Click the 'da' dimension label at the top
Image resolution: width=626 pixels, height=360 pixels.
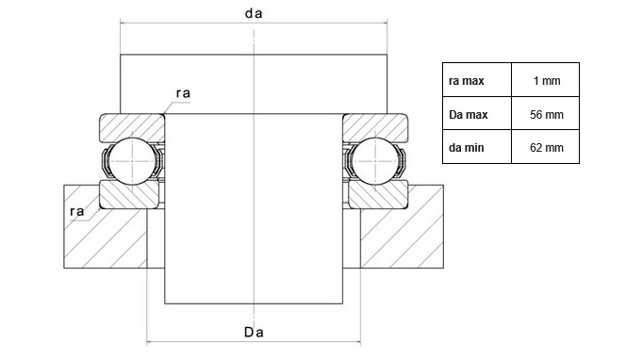(254, 13)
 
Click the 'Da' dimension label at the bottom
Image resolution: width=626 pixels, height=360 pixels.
(254, 332)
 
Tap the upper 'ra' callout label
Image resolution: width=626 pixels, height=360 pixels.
(183, 93)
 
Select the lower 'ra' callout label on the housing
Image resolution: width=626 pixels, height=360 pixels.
(77, 211)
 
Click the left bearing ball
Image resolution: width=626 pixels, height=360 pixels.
(132, 161)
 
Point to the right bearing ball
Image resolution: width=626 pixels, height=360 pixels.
(374, 161)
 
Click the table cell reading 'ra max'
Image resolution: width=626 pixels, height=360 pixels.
(467, 81)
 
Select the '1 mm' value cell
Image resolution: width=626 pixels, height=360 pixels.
(547, 81)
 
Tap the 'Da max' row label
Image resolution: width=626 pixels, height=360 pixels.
(469, 115)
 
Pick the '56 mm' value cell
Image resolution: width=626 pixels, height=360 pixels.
(547, 115)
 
